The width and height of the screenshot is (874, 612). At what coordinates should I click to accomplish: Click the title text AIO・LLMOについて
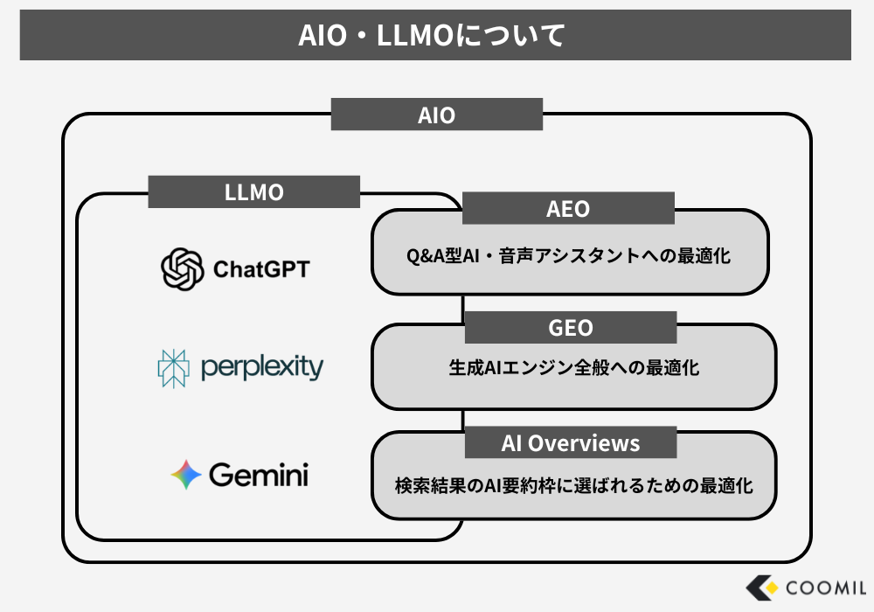(x=435, y=35)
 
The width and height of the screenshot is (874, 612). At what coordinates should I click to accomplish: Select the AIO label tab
(x=436, y=115)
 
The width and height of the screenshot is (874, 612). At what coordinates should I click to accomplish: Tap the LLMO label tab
(x=253, y=192)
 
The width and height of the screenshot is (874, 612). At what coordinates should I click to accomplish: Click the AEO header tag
(x=568, y=209)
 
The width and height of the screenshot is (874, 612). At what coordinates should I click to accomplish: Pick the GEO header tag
(x=570, y=328)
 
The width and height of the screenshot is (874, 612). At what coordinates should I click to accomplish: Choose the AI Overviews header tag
(x=570, y=443)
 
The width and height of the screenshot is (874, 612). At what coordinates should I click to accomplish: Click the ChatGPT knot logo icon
(x=183, y=268)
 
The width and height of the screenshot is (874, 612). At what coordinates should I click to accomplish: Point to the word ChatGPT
(x=261, y=269)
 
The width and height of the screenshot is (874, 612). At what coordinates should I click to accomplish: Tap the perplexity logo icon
(x=173, y=368)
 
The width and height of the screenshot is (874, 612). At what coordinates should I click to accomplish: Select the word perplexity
(x=261, y=367)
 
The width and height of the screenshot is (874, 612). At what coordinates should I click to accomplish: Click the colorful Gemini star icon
(x=186, y=475)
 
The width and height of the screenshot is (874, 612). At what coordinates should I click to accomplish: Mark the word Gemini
(x=259, y=475)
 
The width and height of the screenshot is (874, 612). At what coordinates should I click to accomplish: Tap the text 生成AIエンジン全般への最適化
(x=573, y=368)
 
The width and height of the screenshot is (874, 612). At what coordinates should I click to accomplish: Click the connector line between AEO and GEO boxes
(x=461, y=309)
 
